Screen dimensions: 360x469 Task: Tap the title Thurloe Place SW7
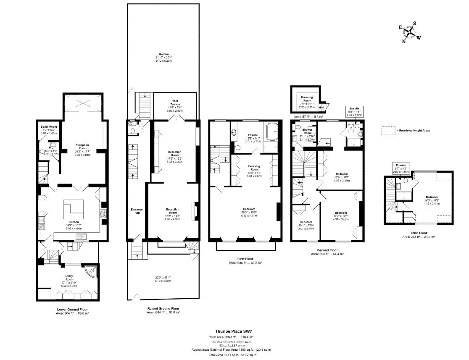click(x=232, y=331)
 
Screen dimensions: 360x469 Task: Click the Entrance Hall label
click(x=137, y=211)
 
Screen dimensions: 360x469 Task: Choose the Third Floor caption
click(x=419, y=232)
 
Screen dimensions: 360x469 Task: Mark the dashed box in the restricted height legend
click(x=387, y=130)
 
